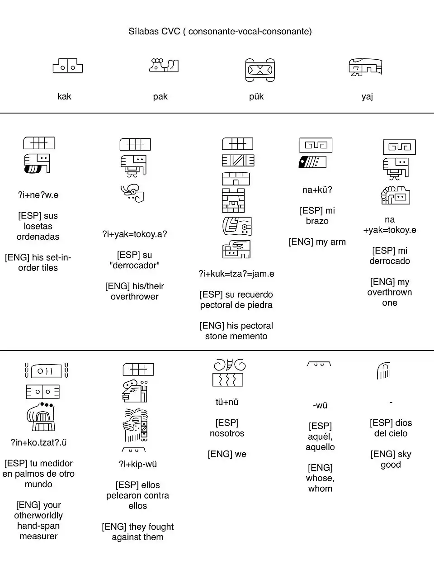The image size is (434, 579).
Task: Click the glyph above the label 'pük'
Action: point(260,70)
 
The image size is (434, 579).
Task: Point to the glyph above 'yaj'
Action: point(365,67)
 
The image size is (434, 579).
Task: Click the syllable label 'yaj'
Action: point(367,96)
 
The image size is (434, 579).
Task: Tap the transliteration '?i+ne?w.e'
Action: point(38,195)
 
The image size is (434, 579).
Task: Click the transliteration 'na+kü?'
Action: point(317,190)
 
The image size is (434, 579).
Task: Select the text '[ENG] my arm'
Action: point(317,242)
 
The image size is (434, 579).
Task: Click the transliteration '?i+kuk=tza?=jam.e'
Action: point(236,274)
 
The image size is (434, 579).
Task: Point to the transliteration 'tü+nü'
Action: point(227,402)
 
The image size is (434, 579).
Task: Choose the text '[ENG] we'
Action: point(227,454)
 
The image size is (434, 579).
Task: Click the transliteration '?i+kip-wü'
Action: point(137,464)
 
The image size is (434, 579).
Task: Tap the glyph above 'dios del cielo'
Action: point(383,371)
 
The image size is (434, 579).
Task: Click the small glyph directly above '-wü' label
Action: point(319,364)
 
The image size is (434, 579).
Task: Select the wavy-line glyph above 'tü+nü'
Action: point(228,380)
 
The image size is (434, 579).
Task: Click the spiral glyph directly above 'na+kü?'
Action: point(316,145)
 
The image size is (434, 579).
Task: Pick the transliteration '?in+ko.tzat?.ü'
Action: point(38,442)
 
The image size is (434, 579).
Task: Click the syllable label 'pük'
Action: point(256,96)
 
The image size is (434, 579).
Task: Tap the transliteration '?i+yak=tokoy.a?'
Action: point(134,234)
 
